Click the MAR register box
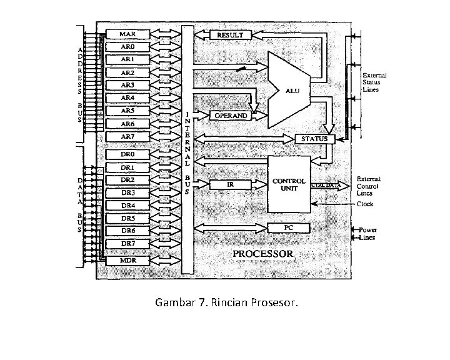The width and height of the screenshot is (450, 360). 127,34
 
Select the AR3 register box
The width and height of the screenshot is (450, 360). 127,85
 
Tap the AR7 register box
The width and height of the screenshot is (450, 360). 127,136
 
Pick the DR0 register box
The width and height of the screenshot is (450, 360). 127,154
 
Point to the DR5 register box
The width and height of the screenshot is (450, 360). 127,218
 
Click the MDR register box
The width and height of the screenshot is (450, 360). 127,260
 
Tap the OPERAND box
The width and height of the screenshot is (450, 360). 231,116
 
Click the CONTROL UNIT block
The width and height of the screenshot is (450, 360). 289,184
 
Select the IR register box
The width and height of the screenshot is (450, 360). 230,184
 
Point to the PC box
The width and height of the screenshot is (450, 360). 289,227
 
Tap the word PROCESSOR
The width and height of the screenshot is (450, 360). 262,254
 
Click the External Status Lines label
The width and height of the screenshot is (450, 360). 374,82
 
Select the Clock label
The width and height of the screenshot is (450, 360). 365,204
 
